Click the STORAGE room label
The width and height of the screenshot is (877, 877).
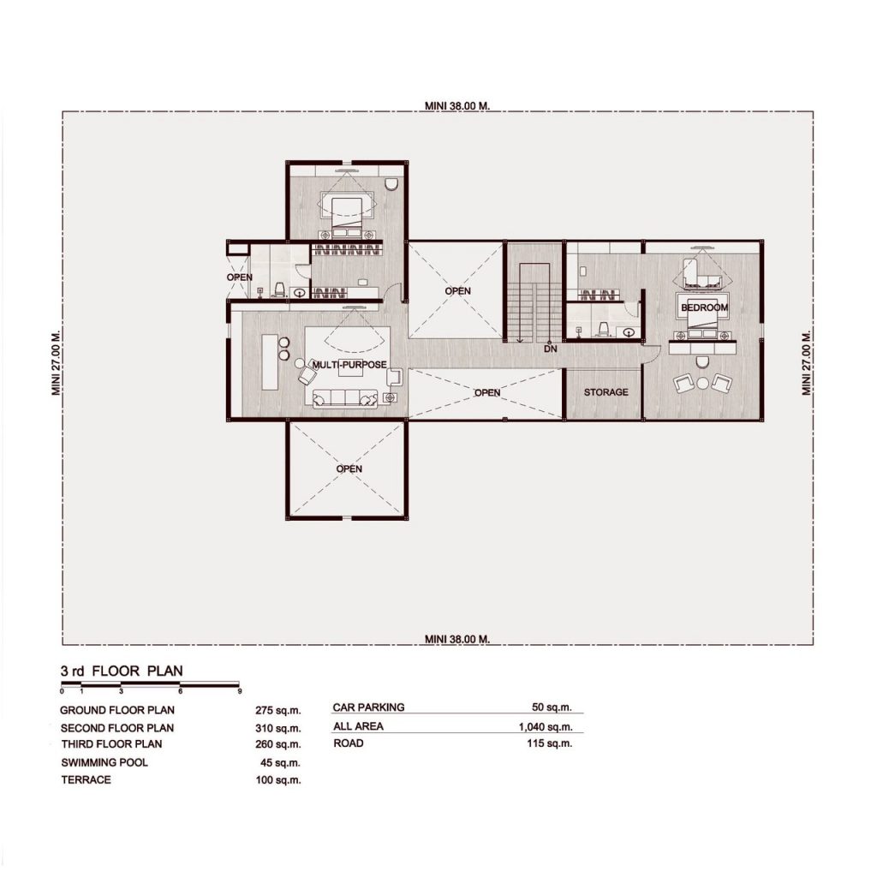[606, 392]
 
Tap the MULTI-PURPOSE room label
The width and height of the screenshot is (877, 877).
[349, 365]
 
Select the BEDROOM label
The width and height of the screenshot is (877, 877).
[704, 307]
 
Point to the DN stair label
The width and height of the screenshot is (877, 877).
[551, 349]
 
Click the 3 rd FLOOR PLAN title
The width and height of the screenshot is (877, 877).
[122, 671]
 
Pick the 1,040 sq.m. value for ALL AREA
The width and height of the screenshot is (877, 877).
[546, 726]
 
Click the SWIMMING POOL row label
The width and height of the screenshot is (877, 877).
[104, 762]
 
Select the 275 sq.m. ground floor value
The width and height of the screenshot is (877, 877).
[278, 710]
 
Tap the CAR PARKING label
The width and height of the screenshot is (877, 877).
[368, 707]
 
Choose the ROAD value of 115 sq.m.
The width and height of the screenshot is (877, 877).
[549, 743]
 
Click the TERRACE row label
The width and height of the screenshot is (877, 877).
[87, 779]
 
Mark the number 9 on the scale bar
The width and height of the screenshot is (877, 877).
[240, 691]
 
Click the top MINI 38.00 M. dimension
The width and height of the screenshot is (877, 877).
[457, 105]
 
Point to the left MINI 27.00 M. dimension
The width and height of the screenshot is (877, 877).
[56, 363]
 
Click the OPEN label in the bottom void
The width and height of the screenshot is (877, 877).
[349, 468]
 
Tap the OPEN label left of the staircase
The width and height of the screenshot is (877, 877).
[457, 291]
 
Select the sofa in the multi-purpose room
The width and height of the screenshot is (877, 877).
[344, 397]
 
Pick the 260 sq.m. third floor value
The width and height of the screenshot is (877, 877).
[278, 744]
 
